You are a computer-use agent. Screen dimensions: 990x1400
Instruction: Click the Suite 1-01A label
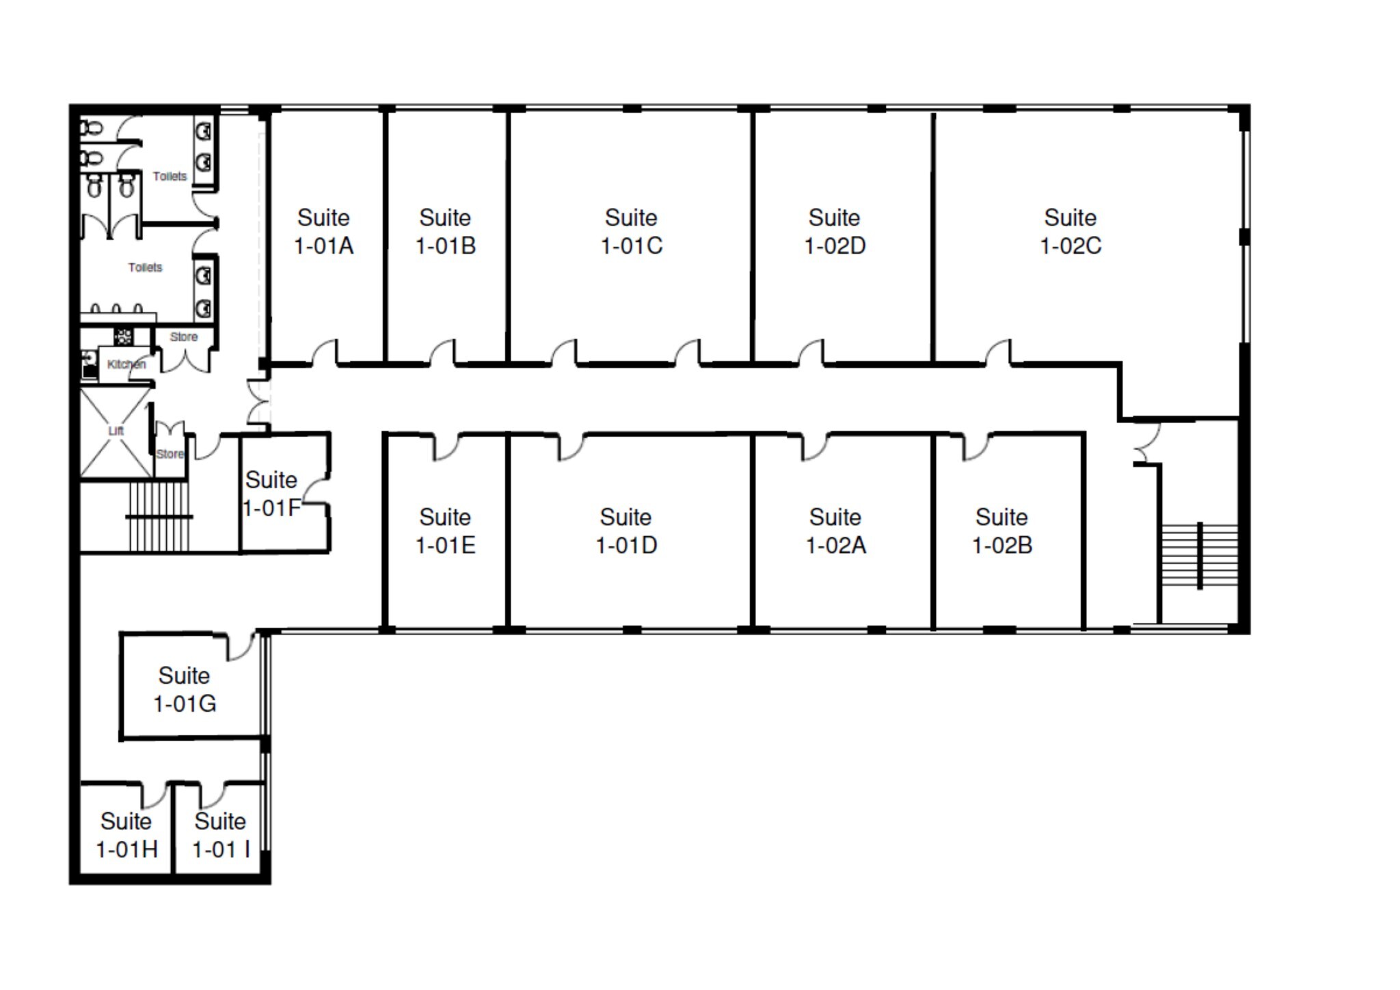click(x=323, y=231)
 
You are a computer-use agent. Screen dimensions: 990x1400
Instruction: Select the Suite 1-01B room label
click(x=445, y=231)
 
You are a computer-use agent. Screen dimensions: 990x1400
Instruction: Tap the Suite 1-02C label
click(x=1070, y=231)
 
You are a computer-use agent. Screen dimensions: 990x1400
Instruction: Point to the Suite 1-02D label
click(x=834, y=231)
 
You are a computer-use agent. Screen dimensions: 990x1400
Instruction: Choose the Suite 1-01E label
click(x=445, y=531)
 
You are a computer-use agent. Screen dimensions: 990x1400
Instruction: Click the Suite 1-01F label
click(x=271, y=494)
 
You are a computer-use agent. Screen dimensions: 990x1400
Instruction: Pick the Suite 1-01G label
click(x=184, y=689)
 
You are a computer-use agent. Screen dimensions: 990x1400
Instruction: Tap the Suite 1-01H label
click(x=126, y=835)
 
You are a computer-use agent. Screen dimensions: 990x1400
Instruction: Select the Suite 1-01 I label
click(x=220, y=835)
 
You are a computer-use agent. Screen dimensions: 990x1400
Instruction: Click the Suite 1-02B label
click(x=1001, y=531)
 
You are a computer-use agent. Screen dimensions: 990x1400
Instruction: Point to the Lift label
click(x=116, y=431)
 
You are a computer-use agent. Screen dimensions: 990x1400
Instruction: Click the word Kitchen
click(x=126, y=364)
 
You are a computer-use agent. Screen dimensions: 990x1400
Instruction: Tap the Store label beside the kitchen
click(x=183, y=337)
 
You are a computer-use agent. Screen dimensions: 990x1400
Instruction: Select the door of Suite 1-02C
click(x=999, y=353)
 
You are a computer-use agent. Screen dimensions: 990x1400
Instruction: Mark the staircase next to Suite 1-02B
click(x=1199, y=556)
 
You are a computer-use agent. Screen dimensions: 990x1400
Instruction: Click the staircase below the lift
click(x=158, y=517)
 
